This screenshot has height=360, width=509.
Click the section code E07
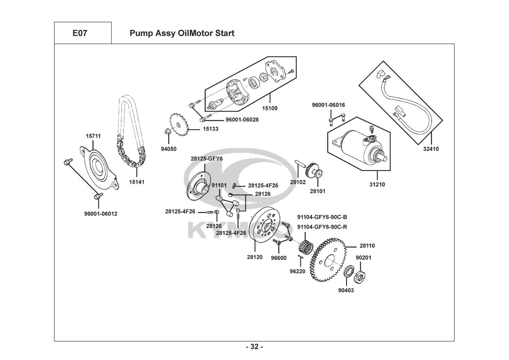tap(79, 33)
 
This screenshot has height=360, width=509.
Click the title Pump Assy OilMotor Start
tap(182, 33)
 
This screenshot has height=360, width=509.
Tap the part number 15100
tap(270, 108)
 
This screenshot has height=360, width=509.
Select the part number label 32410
tap(431, 149)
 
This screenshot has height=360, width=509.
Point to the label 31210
tap(377, 185)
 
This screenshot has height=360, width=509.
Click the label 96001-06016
tap(328, 105)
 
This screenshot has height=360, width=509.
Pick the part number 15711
tap(93, 136)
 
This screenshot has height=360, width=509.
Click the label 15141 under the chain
tap(137, 182)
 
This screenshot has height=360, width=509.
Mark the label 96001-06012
tap(101, 214)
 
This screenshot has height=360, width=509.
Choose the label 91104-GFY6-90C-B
tap(322, 217)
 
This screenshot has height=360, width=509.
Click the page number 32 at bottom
tap(254, 347)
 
